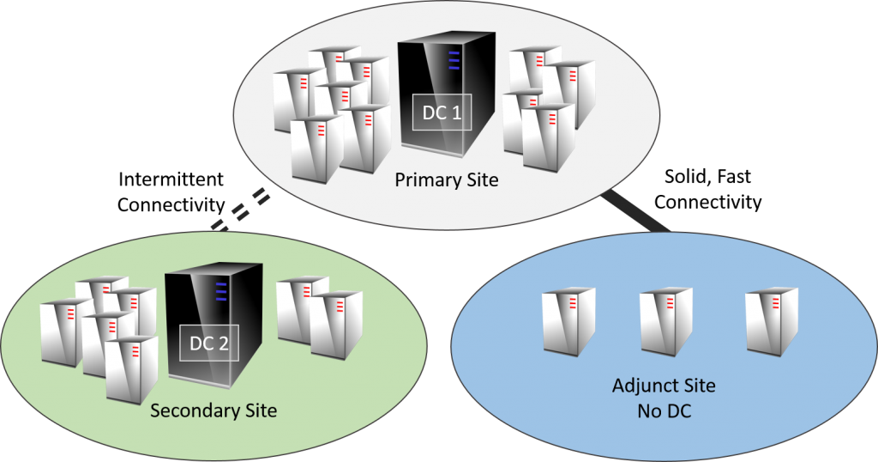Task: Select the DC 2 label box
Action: (x=208, y=343)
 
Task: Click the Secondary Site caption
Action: (x=213, y=410)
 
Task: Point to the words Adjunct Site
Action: (x=664, y=386)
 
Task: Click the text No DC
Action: (x=664, y=410)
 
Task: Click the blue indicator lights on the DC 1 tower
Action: (x=454, y=60)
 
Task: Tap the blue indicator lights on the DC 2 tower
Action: (x=221, y=292)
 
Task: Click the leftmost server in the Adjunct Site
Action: (x=568, y=321)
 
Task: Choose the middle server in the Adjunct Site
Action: (x=665, y=321)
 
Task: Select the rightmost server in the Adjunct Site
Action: (x=771, y=321)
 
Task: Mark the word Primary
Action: (x=422, y=181)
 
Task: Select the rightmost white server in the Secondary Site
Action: (x=335, y=324)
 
